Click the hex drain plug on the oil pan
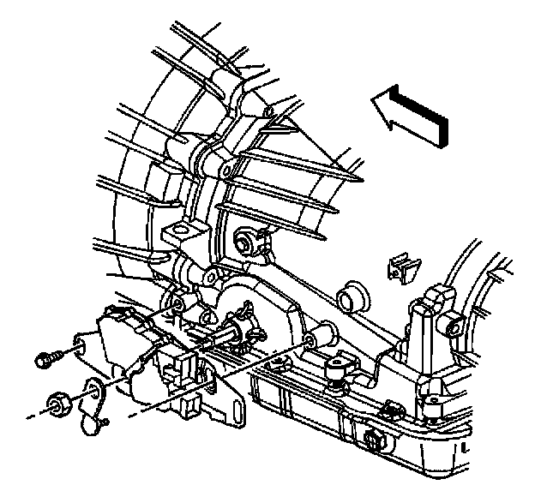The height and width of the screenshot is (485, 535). click(373, 440)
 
